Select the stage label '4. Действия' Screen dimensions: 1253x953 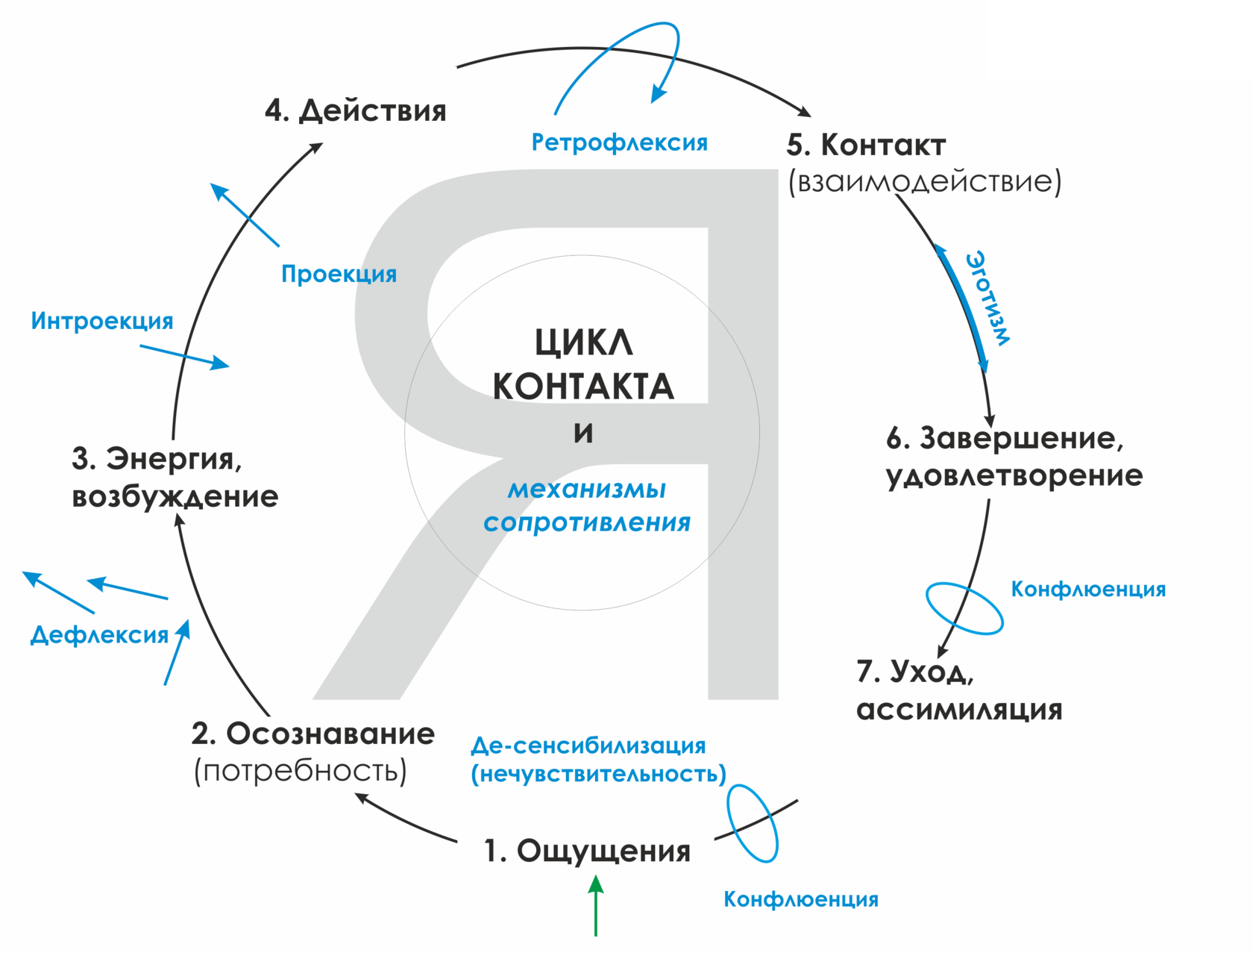coord(356,110)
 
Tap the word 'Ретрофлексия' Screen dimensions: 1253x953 coord(619,143)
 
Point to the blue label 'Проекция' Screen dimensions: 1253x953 coord(339,274)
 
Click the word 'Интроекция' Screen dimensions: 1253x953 coord(102,321)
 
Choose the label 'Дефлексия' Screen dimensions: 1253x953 coord(99,635)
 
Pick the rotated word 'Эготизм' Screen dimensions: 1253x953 coord(989,299)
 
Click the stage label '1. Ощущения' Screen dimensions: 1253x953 coord(588,851)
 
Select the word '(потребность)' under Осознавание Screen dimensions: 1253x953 coord(301,771)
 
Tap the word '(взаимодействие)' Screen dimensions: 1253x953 coord(925,181)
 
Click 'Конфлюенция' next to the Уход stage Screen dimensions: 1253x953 coord(1088,590)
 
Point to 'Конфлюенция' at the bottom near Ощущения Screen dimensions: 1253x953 coord(801,899)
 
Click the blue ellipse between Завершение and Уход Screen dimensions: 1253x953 coord(964,608)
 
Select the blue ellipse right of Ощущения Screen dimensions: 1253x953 coord(753,824)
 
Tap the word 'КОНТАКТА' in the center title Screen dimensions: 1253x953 coord(583,387)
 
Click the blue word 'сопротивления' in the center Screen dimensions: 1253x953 coord(587,522)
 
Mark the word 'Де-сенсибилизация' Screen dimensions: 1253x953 coord(588,746)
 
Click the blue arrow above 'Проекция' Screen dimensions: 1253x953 coord(245,214)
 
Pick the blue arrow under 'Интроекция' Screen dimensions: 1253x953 coord(184,357)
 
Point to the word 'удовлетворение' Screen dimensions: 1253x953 coord(1014,475)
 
